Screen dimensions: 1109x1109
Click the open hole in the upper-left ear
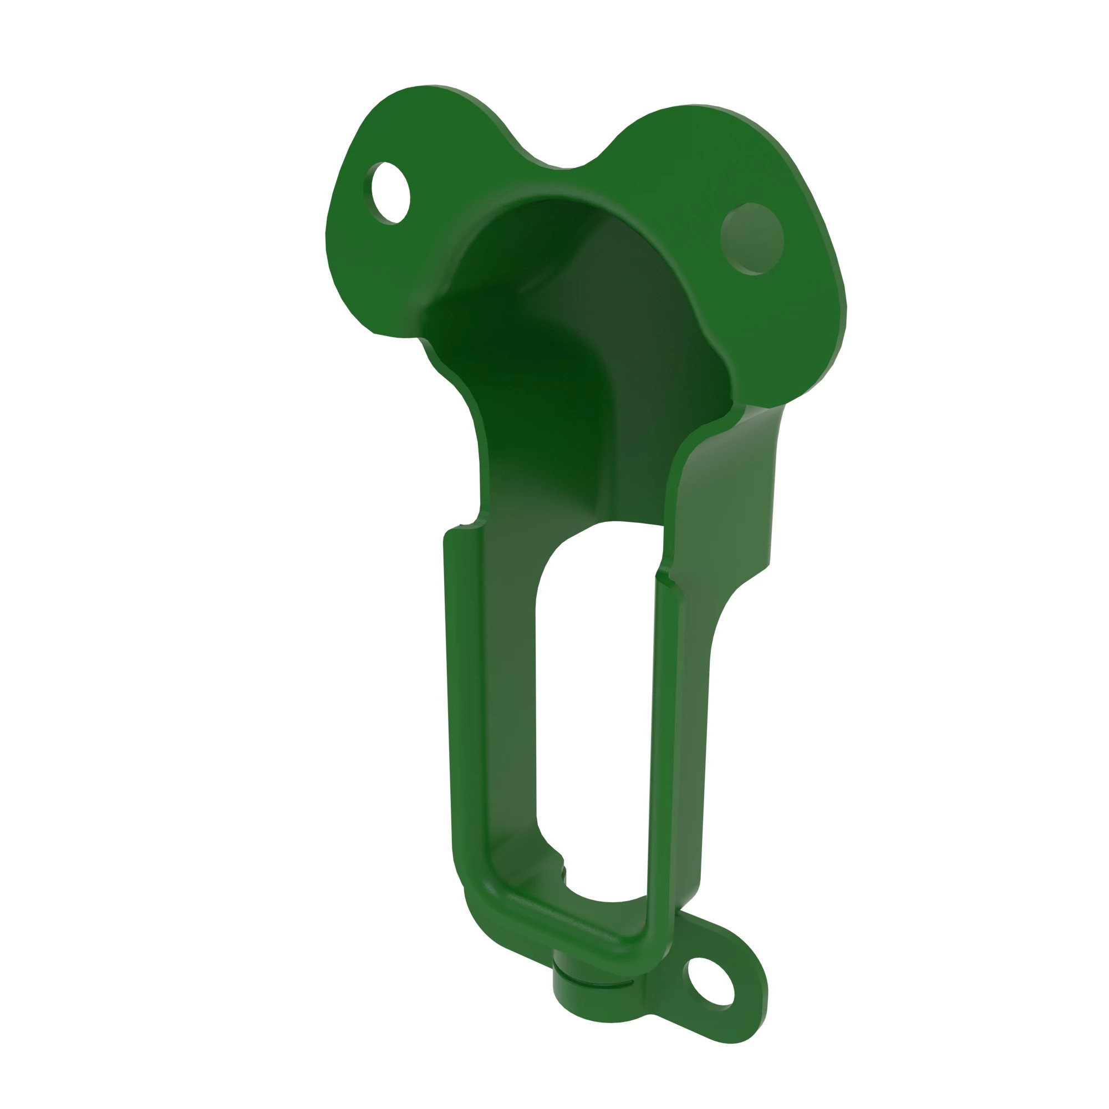(x=391, y=193)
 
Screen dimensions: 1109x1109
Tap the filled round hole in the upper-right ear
(x=752, y=238)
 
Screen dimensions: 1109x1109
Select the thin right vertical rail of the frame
(x=665, y=746)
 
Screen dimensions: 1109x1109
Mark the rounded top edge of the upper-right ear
(x=712, y=109)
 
